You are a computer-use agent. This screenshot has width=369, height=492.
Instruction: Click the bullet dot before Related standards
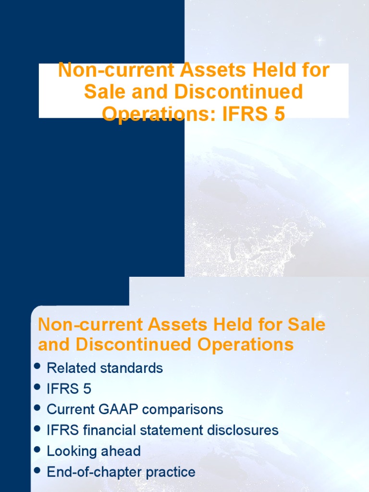[37, 367]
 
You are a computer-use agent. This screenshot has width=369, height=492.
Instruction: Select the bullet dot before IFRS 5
[37, 387]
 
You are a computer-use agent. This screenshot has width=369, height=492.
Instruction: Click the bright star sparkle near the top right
[319, 40]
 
